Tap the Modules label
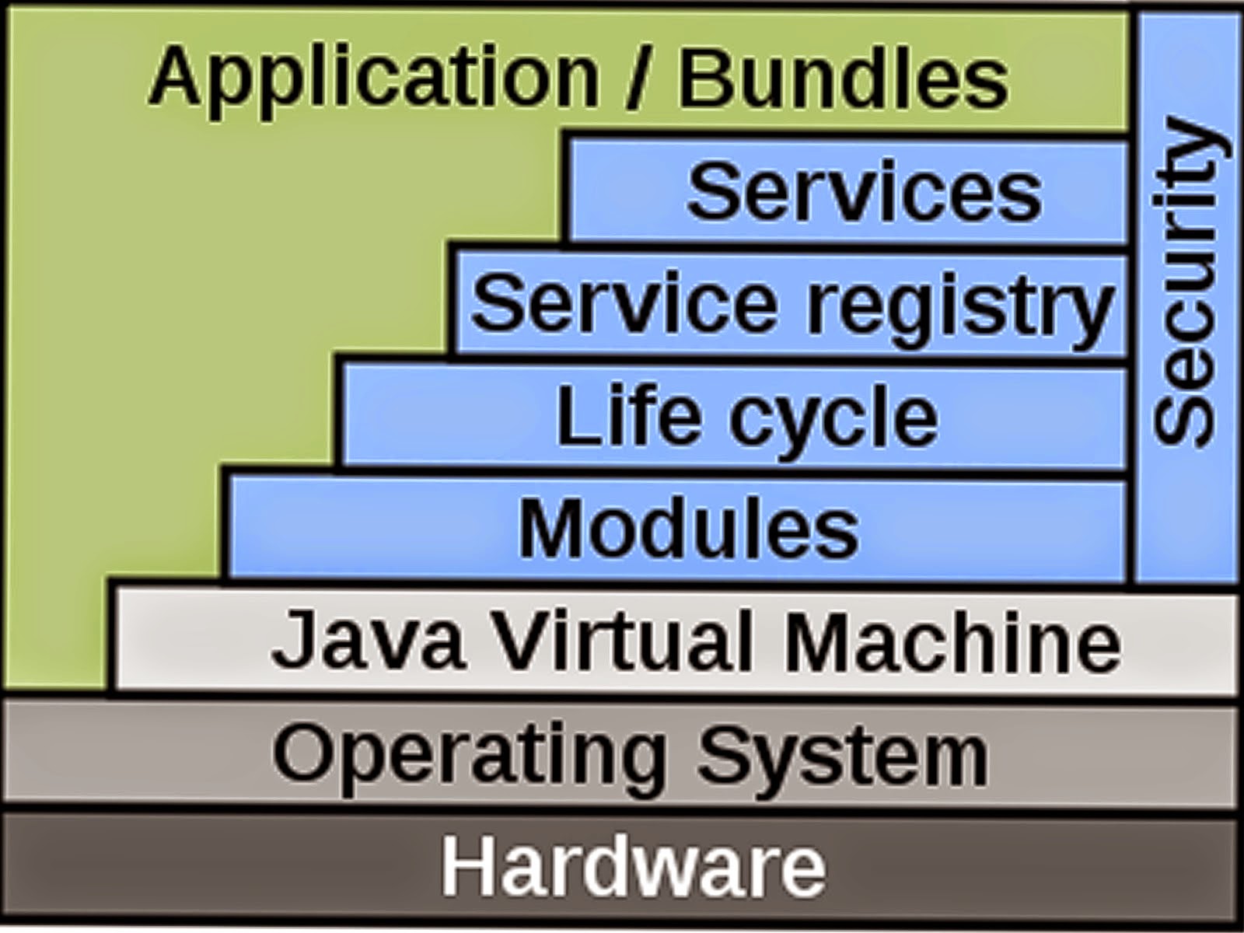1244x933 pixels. pos(689,529)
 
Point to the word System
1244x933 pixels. pos(842,754)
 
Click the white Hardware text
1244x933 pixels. pos(634,865)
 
